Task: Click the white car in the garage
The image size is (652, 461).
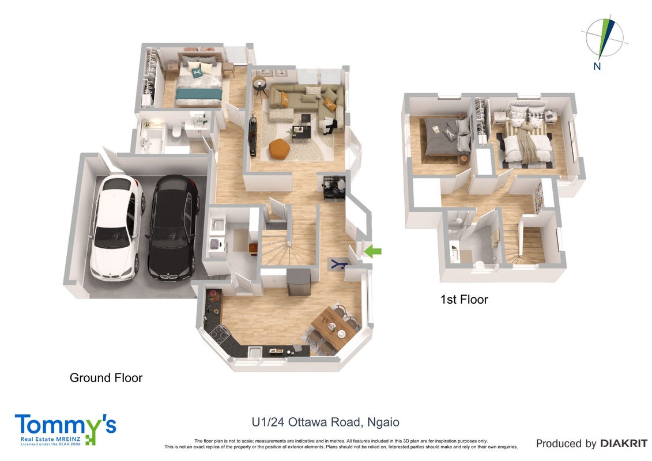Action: [116, 228]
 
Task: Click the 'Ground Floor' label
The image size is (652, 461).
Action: [106, 378]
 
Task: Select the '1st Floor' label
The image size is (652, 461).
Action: [464, 300]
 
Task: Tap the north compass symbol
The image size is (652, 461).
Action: [604, 41]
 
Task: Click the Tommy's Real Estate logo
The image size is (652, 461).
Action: [66, 430]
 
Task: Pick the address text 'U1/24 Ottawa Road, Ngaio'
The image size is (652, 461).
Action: [326, 422]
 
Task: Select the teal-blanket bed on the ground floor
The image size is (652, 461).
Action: [198, 83]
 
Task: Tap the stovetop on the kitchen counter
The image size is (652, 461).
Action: [220, 332]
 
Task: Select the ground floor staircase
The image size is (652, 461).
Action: [287, 241]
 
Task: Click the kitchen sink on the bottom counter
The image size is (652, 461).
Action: [254, 352]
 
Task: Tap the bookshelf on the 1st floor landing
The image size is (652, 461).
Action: [539, 197]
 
